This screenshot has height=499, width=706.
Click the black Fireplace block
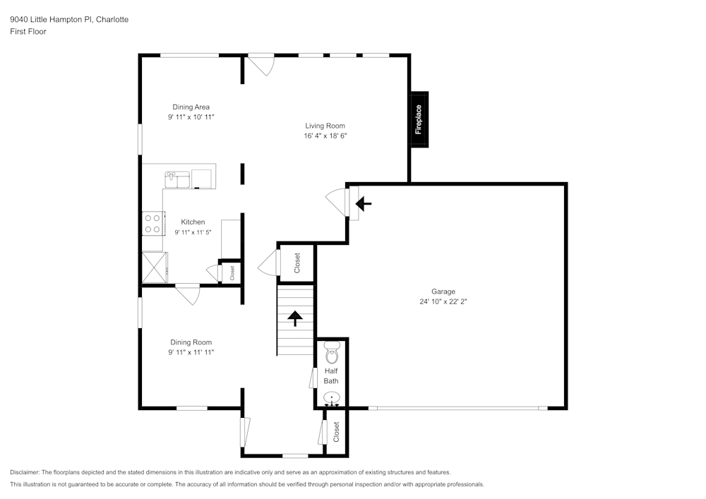pyautogui.click(x=419, y=119)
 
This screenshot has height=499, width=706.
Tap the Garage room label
pyautogui.click(x=443, y=291)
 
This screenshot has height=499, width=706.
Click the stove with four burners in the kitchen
pyautogui.click(x=152, y=224)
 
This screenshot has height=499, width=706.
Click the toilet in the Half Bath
pyautogui.click(x=331, y=352)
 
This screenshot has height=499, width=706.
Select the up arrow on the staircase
pyautogui.click(x=294, y=319)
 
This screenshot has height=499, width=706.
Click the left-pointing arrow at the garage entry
pyautogui.click(x=363, y=205)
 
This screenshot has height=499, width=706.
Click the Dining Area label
pyautogui.click(x=191, y=107)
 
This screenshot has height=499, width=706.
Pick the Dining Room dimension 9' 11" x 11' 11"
pyautogui.click(x=191, y=351)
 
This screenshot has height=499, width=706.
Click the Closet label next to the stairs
pyautogui.click(x=297, y=263)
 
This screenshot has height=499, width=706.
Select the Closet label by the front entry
pyautogui.click(x=336, y=431)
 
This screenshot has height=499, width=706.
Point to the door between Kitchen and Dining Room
pyautogui.click(x=188, y=294)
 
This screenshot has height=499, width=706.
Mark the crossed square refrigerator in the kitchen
pyautogui.click(x=155, y=267)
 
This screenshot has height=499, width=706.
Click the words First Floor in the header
pyautogui.click(x=28, y=32)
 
